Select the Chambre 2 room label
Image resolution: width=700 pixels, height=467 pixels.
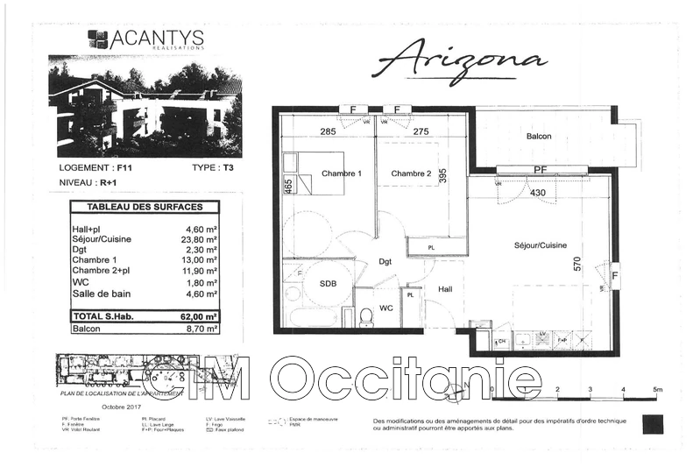coord(411,173)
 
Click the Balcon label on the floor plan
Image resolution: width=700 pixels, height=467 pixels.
coord(539,138)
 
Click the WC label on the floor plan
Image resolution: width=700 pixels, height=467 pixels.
coord(385,308)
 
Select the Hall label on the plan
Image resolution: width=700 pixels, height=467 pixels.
coord(445,289)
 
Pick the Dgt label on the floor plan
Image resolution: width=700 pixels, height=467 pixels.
coord(385,261)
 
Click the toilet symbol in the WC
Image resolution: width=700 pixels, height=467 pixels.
coord(367,315)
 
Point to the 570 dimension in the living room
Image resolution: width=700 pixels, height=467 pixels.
coord(577,263)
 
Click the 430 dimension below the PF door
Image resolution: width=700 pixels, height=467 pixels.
coord(537,192)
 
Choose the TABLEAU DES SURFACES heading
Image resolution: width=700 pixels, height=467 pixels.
coord(145,208)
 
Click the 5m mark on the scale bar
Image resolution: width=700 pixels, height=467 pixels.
coord(657,388)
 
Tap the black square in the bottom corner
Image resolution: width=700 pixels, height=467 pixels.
coord(653,424)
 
